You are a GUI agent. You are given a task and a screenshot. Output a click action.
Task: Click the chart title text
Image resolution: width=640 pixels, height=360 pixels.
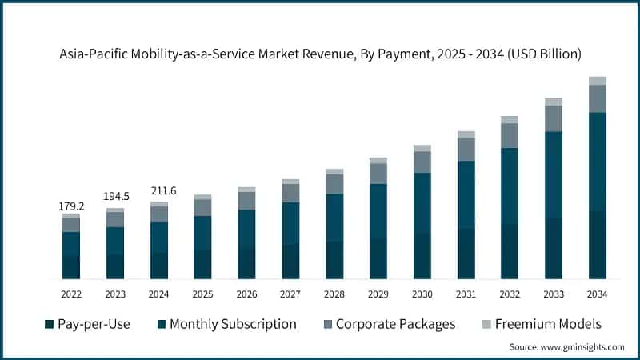pos(320,54)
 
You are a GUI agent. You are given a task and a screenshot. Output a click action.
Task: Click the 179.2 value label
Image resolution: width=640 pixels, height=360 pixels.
pos(71,206)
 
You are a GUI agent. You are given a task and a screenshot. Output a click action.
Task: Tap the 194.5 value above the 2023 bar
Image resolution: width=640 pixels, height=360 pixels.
pos(115,197)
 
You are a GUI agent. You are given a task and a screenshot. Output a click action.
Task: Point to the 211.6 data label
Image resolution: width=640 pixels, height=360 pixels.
pos(159,190)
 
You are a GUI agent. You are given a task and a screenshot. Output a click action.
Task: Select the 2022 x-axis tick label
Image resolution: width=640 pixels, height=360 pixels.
pos(71,294)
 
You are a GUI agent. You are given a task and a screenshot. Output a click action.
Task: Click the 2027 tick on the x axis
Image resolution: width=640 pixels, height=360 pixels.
pos(290,294)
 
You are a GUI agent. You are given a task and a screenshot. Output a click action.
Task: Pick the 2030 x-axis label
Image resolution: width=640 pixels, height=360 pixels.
pos(422,294)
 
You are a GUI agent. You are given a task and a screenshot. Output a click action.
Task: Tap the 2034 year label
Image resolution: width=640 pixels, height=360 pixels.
pos(598,294)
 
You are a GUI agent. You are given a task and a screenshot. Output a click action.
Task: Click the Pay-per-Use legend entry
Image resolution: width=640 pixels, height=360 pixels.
pos(87,324)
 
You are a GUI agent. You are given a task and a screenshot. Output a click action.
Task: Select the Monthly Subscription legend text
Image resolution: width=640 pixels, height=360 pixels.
pos(233,324)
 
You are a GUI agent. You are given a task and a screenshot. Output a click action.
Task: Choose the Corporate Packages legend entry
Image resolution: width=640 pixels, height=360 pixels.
pos(395,324)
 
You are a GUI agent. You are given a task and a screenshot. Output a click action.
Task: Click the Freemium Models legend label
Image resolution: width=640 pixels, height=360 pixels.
pos(548,324)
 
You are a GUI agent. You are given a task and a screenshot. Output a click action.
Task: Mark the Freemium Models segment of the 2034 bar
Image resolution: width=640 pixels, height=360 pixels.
pos(598,81)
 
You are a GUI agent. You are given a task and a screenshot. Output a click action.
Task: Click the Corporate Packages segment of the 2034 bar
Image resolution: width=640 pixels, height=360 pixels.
pos(598,98)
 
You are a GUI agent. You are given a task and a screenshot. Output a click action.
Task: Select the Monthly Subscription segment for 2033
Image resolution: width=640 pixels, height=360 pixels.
pos(554,174)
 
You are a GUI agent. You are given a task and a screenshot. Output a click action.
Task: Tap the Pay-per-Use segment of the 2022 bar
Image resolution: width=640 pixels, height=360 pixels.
pos(71,267)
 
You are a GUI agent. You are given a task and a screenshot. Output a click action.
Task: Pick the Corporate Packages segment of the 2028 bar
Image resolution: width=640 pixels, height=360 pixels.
pos(334,184)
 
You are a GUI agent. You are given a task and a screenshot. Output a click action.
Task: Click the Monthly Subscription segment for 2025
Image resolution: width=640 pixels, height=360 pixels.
pos(203,233)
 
